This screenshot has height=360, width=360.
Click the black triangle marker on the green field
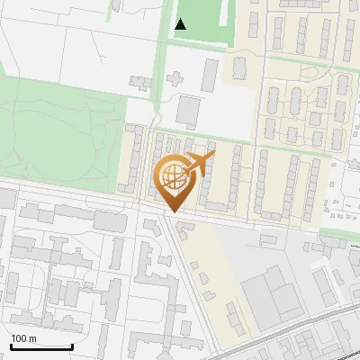(181, 24)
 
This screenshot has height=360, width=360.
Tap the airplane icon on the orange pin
(200, 165)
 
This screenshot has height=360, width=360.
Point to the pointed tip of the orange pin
(174, 211)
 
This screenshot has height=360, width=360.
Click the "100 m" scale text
(24, 338)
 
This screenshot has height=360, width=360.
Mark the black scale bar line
(41, 346)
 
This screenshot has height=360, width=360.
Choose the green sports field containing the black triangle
(202, 20)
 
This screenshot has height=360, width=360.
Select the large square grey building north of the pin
(189, 111)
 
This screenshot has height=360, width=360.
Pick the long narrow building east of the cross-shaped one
(211, 76)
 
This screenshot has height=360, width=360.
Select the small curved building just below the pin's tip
(185, 230)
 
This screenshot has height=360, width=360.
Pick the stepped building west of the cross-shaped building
(143, 84)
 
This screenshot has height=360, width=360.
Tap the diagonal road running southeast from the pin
(189, 270)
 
